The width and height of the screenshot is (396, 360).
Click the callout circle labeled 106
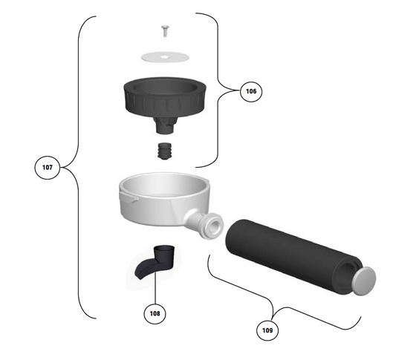[x=251, y=91]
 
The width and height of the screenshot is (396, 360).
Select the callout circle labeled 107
[x=47, y=168]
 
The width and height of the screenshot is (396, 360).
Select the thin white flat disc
[x=163, y=56]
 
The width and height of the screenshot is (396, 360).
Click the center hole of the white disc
[x=164, y=56]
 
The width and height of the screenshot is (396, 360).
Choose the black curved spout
[x=154, y=264]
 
